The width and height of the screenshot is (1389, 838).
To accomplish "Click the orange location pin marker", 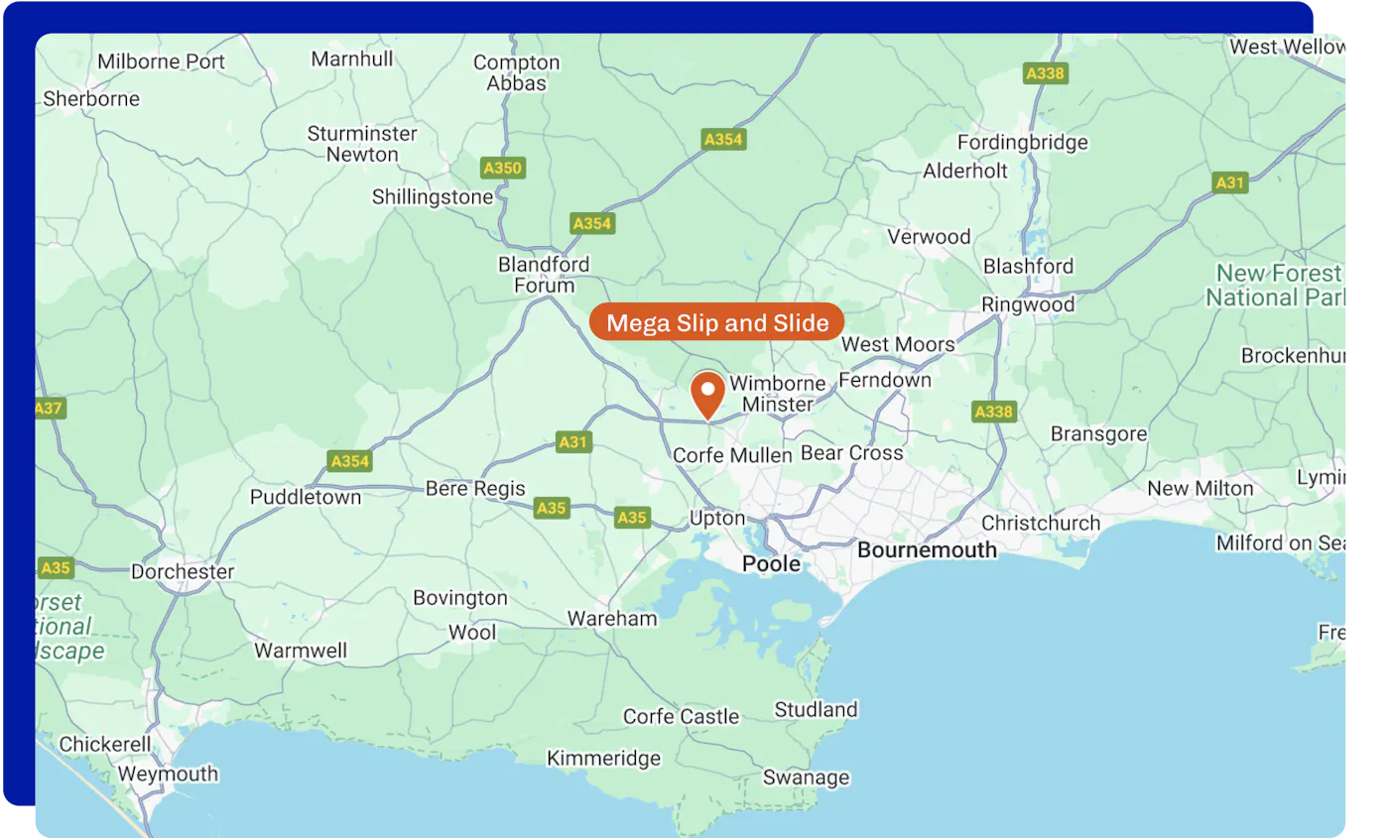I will pyautogui.click(x=707, y=393).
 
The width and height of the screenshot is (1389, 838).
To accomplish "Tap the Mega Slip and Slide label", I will pyautogui.click(x=716, y=323).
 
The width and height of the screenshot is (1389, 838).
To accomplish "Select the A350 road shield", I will pyautogui.click(x=502, y=168).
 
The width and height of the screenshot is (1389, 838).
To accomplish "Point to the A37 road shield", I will pyautogui.click(x=50, y=408).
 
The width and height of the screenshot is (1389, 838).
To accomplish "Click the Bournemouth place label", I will pyautogui.click(x=927, y=549).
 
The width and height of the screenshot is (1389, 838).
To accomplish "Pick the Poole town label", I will pyautogui.click(x=771, y=564).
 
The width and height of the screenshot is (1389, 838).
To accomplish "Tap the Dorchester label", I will pyautogui.click(x=183, y=572).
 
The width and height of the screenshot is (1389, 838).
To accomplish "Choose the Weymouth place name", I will pyautogui.click(x=168, y=775).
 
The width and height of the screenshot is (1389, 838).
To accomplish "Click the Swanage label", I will pyautogui.click(x=806, y=778).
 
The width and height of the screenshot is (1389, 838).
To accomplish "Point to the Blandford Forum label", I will pyautogui.click(x=544, y=275).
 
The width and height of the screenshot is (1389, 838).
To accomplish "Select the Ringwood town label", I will pyautogui.click(x=1028, y=304).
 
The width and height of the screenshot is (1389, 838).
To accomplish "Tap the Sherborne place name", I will pyautogui.click(x=91, y=99).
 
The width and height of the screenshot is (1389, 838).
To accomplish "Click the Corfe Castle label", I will pyautogui.click(x=681, y=717).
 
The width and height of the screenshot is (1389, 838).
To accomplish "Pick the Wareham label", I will pyautogui.click(x=612, y=619).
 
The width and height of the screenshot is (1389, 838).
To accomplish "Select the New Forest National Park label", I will pyautogui.click(x=1278, y=285).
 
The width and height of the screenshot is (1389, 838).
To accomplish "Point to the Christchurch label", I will pyautogui.click(x=1041, y=523).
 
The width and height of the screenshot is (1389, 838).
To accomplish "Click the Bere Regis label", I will pyautogui.click(x=475, y=489).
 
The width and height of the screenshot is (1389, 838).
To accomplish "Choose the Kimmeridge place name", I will pyautogui.click(x=603, y=759).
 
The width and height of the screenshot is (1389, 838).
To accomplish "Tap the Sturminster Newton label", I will pyautogui.click(x=362, y=144).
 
